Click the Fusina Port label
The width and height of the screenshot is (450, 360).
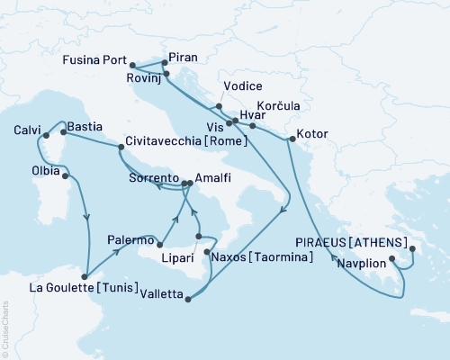click(x=94, y=65)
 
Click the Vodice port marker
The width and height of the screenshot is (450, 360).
click(x=219, y=106)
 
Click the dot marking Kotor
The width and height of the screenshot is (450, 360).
click(x=290, y=139)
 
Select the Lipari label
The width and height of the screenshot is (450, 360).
click(x=175, y=257)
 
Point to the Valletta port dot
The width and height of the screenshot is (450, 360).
click(x=188, y=299)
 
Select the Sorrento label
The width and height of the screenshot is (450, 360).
click(x=151, y=178)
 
